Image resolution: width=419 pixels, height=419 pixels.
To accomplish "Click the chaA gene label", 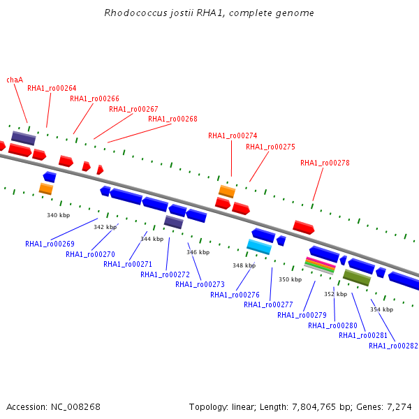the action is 15,80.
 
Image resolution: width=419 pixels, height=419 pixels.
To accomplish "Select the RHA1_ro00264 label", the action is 52,88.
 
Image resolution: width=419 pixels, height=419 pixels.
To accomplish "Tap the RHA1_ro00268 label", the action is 172,119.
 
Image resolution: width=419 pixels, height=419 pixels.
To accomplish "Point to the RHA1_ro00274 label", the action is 233,135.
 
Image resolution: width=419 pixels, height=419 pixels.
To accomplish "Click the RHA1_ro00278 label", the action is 325,163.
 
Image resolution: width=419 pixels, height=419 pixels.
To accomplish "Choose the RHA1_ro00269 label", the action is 50,244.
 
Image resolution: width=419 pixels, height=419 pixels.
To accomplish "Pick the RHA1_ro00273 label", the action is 200,285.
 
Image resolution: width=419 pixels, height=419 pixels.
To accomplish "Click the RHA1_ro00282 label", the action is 393,346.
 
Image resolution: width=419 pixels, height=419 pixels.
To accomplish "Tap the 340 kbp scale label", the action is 58,215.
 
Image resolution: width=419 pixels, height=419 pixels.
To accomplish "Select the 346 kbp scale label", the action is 198,252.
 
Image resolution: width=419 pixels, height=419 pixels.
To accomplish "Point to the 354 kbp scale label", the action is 381,309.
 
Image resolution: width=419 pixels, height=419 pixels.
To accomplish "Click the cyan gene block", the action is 259,247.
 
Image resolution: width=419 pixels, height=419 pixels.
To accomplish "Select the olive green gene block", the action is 357,278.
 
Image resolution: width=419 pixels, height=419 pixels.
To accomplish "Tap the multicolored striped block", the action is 320,265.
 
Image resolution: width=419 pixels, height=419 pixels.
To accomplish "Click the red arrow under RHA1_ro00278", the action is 304,227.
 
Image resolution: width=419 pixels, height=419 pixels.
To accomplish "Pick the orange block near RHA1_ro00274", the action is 227,191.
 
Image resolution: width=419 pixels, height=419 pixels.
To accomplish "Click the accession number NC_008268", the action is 75,407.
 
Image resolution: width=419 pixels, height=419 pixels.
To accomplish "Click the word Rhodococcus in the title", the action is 135,13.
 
